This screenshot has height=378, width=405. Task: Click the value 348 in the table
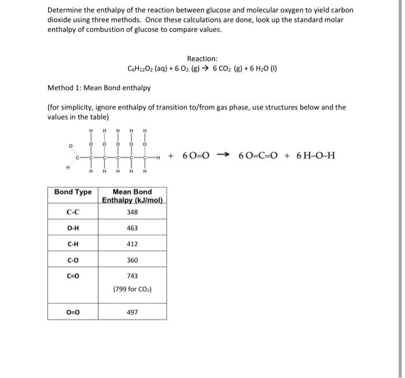(x=132, y=212)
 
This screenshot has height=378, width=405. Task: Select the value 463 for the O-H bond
(x=132, y=228)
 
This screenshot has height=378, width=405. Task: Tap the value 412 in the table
(x=132, y=244)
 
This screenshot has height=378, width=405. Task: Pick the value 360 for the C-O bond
(x=132, y=260)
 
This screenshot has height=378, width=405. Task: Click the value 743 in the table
(x=132, y=276)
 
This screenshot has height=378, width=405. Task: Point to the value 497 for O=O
(x=132, y=312)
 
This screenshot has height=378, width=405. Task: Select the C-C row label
(x=73, y=212)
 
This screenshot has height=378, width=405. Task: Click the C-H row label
(x=73, y=244)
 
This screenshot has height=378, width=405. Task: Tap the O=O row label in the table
(x=73, y=312)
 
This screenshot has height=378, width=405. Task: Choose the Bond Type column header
(x=73, y=192)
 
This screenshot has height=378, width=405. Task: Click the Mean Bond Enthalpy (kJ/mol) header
(x=132, y=196)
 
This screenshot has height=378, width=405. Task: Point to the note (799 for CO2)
(x=132, y=288)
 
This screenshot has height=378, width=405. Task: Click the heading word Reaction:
(x=202, y=58)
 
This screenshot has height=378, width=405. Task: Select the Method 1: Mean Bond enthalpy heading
(x=99, y=88)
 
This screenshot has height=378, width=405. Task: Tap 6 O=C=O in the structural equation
(x=260, y=156)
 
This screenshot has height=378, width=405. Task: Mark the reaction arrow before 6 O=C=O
(x=227, y=156)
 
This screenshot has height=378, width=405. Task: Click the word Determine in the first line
(x=65, y=10)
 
